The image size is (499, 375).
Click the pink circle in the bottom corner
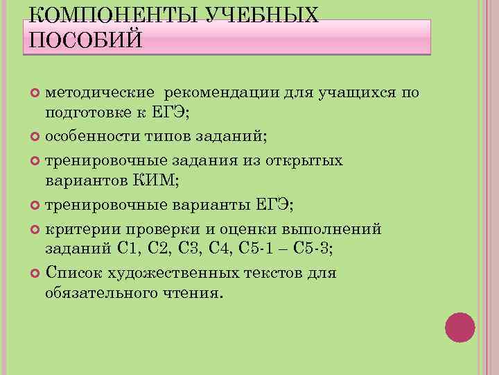tap(459, 327)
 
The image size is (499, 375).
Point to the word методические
tap(101, 93)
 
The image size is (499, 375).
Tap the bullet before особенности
tap(36, 137)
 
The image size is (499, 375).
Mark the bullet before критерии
tap(36, 230)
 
